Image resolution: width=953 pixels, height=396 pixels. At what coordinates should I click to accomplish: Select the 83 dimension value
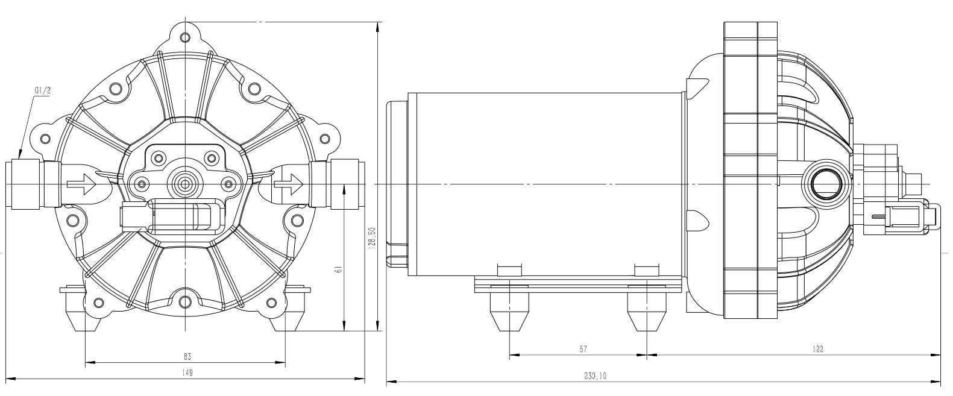coord(187,357)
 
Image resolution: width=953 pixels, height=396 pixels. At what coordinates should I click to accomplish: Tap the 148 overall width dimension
coord(187,373)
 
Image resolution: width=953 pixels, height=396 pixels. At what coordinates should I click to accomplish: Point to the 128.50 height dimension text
coord(373,237)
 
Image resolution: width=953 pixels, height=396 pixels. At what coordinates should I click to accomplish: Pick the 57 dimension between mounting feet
coord(583,349)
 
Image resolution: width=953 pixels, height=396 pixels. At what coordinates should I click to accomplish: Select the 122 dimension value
coord(817,348)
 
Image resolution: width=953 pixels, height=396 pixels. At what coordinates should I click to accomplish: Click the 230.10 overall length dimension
coord(594,376)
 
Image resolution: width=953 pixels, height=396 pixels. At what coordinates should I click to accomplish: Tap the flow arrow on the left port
coord(81,183)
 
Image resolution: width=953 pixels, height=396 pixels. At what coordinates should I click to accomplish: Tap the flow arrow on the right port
coord(288,181)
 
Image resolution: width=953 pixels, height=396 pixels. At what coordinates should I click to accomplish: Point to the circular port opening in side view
coord(823,183)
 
